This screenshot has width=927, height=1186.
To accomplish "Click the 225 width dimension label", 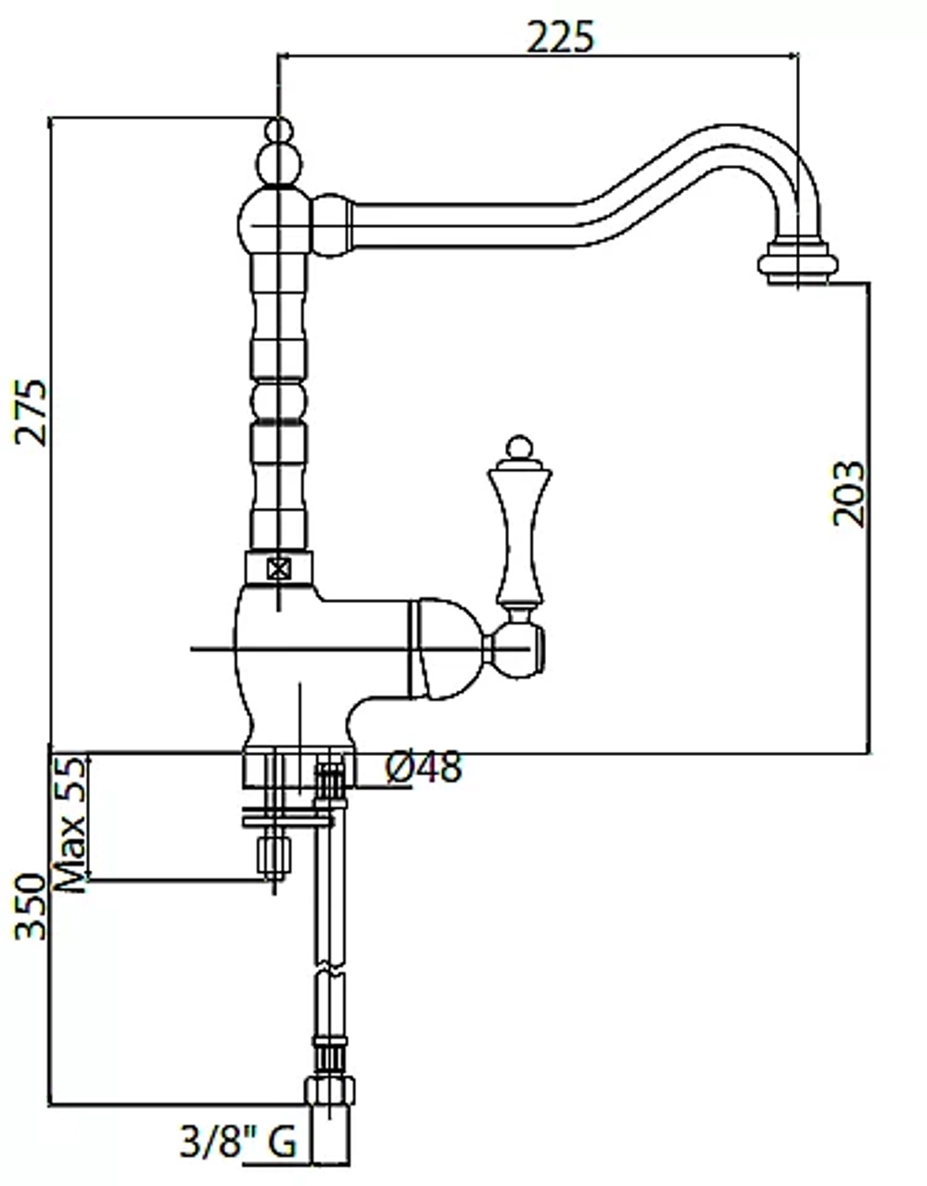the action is (x=560, y=37).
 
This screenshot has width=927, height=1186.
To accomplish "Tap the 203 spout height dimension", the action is (x=848, y=494).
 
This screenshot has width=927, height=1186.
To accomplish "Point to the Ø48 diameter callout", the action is (x=424, y=767).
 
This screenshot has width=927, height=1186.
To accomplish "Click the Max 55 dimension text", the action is (x=71, y=824).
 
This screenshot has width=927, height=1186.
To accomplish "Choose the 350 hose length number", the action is (x=31, y=907).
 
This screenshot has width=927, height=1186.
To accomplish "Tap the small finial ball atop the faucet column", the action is (x=279, y=131).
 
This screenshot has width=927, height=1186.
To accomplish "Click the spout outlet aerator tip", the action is (x=797, y=262).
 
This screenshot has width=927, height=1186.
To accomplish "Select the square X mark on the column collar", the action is (x=278, y=569).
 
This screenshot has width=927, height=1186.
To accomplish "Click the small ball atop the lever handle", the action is (x=519, y=447).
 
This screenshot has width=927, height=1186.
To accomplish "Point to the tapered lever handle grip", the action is (x=519, y=532).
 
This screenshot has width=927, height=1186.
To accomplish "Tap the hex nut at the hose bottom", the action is (x=330, y=1091).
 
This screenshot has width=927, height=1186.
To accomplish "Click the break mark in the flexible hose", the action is (x=330, y=969).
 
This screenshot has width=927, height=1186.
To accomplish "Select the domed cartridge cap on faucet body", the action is (x=446, y=649).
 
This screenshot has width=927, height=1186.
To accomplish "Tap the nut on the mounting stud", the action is (x=273, y=857).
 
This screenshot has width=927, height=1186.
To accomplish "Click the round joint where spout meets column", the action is (x=332, y=224).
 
